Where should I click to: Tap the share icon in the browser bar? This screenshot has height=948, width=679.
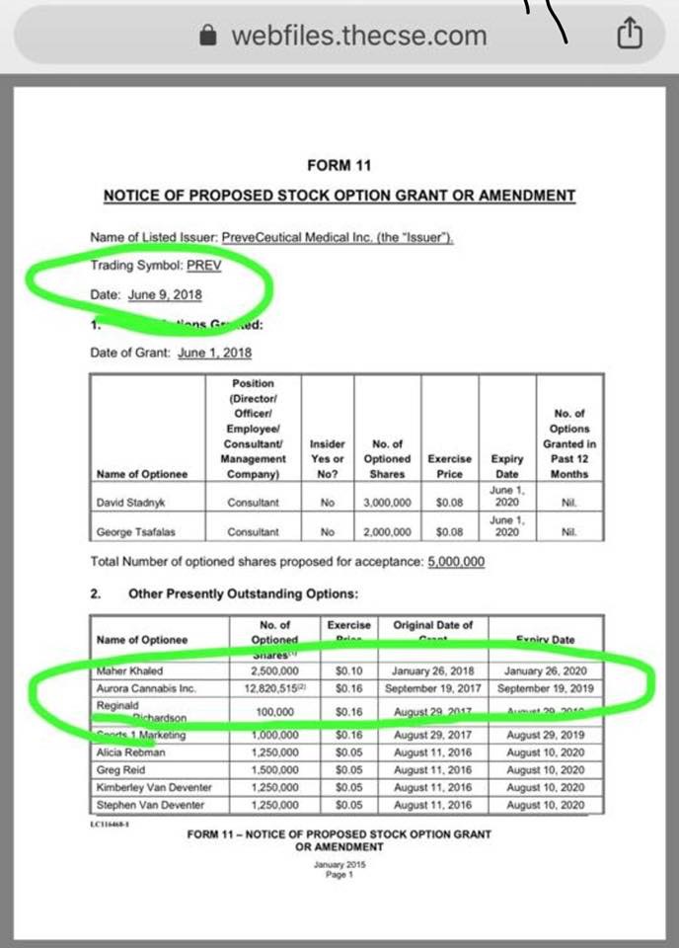(x=629, y=36)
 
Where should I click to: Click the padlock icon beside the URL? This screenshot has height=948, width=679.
(x=207, y=37)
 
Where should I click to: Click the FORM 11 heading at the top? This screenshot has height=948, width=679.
(x=339, y=165)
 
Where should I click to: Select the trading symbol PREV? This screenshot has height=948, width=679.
(x=204, y=266)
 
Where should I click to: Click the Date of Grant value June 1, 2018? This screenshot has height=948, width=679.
(x=214, y=354)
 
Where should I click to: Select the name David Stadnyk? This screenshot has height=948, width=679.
(x=130, y=503)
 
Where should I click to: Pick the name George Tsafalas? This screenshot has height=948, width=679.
(x=134, y=532)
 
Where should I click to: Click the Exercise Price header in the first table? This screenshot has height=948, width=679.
(x=448, y=466)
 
